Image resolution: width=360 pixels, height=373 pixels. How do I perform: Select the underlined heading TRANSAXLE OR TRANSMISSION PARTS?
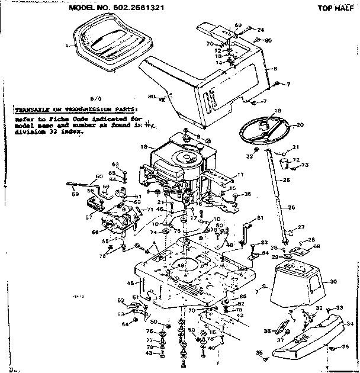point(75,110)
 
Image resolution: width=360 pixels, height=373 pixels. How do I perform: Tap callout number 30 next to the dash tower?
point(333,281)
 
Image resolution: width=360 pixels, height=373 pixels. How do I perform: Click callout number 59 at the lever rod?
point(75,194)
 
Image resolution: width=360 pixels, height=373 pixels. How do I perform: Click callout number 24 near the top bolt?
point(260,29)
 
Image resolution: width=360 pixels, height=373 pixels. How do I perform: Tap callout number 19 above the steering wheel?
point(277,111)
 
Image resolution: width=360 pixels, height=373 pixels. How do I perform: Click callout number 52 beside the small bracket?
point(120,300)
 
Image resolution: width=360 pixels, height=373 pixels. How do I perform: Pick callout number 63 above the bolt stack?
point(116,164)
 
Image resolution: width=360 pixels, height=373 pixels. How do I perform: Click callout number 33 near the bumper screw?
point(339,307)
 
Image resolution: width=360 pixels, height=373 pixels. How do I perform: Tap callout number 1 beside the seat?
point(67,44)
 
